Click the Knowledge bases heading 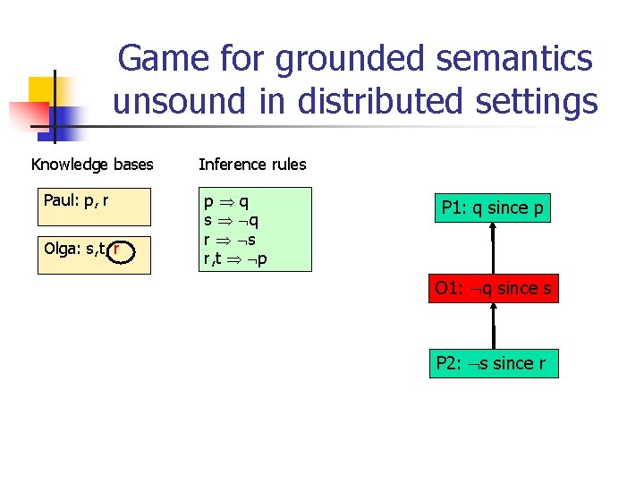pos(92,165)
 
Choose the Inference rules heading pos(252,165)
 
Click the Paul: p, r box pos(94,206)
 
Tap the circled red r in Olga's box pos(117,248)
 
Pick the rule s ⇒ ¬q pos(231,221)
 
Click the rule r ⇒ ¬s pos(231,240)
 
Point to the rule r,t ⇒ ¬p pos(235,258)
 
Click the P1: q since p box pos(492,208)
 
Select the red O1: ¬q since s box pos(493,288)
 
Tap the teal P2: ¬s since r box pos(493,363)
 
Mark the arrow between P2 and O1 pos(493,326)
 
